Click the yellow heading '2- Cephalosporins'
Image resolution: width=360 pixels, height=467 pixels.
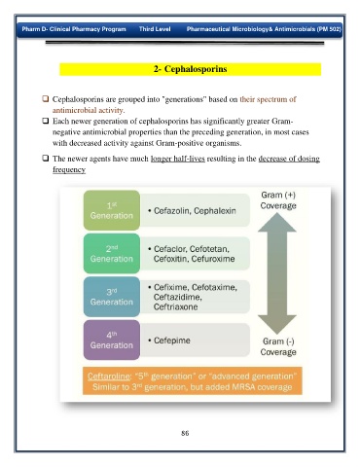191,69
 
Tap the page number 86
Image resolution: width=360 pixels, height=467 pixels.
185,433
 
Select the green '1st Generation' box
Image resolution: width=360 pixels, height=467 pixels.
112,210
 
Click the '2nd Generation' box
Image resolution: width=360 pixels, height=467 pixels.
112,254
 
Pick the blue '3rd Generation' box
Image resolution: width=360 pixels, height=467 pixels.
112,297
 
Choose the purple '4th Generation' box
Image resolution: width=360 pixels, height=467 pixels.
112,340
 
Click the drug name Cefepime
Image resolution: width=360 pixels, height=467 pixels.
172,341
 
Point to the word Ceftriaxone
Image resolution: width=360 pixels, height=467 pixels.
175,306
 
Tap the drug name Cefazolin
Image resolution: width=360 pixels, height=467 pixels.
172,211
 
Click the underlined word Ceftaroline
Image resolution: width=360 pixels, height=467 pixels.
109,377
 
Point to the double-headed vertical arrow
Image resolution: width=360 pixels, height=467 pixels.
277,273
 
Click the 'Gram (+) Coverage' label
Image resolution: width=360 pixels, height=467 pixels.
278,200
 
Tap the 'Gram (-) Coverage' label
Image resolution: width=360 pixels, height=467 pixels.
278,346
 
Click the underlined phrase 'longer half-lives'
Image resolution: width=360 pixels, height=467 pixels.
178,159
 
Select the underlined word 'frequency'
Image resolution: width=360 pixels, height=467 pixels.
69,169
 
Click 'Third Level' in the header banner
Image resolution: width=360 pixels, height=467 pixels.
155,29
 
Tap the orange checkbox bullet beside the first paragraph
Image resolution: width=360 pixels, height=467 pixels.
46,98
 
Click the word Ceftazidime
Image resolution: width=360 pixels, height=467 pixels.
177,297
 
